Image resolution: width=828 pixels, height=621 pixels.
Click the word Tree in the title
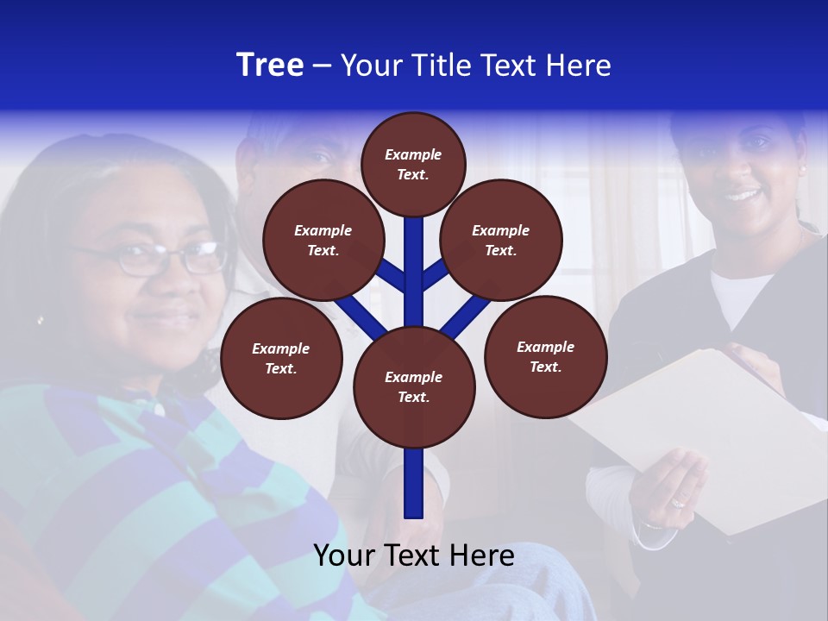[x=270, y=66]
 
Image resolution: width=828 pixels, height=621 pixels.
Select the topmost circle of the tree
[x=413, y=164]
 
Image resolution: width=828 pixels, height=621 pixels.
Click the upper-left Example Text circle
[x=323, y=240]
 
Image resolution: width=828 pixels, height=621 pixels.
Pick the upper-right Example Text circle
[x=501, y=240]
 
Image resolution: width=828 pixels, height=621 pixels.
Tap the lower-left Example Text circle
[x=281, y=358]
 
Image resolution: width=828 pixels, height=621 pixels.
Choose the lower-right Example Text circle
[x=545, y=356]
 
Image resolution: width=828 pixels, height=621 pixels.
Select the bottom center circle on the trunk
[x=414, y=386]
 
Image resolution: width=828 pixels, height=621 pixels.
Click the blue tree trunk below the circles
[x=414, y=483]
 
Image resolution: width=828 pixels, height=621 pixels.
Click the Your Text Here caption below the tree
[x=414, y=555]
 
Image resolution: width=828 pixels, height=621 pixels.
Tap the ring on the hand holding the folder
[x=679, y=500]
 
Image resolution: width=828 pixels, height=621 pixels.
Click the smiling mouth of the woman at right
[x=742, y=195]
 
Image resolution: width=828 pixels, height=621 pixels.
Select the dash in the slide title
[x=322, y=66]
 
